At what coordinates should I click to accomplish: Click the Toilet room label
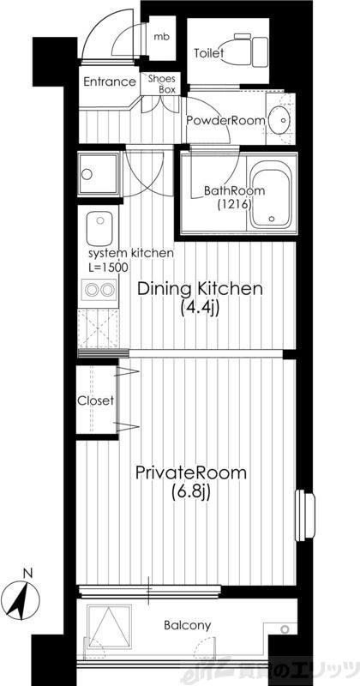pos(208,53)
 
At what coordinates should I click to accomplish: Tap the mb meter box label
pos(161,37)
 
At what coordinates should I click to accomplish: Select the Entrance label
pos(110,81)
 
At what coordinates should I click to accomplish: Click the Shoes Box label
pos(162,84)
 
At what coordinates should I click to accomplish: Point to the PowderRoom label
pos(225,120)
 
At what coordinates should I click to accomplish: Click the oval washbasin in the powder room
pos(279,119)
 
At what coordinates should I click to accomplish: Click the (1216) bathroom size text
pos(234,204)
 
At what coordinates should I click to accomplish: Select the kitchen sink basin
pos(99,228)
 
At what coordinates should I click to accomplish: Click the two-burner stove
pos(99,290)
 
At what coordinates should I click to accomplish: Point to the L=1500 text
pos(109,267)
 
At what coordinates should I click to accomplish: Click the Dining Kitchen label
pos(200,289)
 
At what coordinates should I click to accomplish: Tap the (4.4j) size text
pos(200,308)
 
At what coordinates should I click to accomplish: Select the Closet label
pos(96,400)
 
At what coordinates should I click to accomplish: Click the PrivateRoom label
pos(191,473)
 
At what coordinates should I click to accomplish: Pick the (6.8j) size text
pos(191,492)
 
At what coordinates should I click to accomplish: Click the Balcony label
pos(187,625)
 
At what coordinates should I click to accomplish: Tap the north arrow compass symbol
pos(23,595)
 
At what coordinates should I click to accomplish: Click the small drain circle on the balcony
pos(285,629)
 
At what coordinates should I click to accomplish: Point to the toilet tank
pos(261,52)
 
